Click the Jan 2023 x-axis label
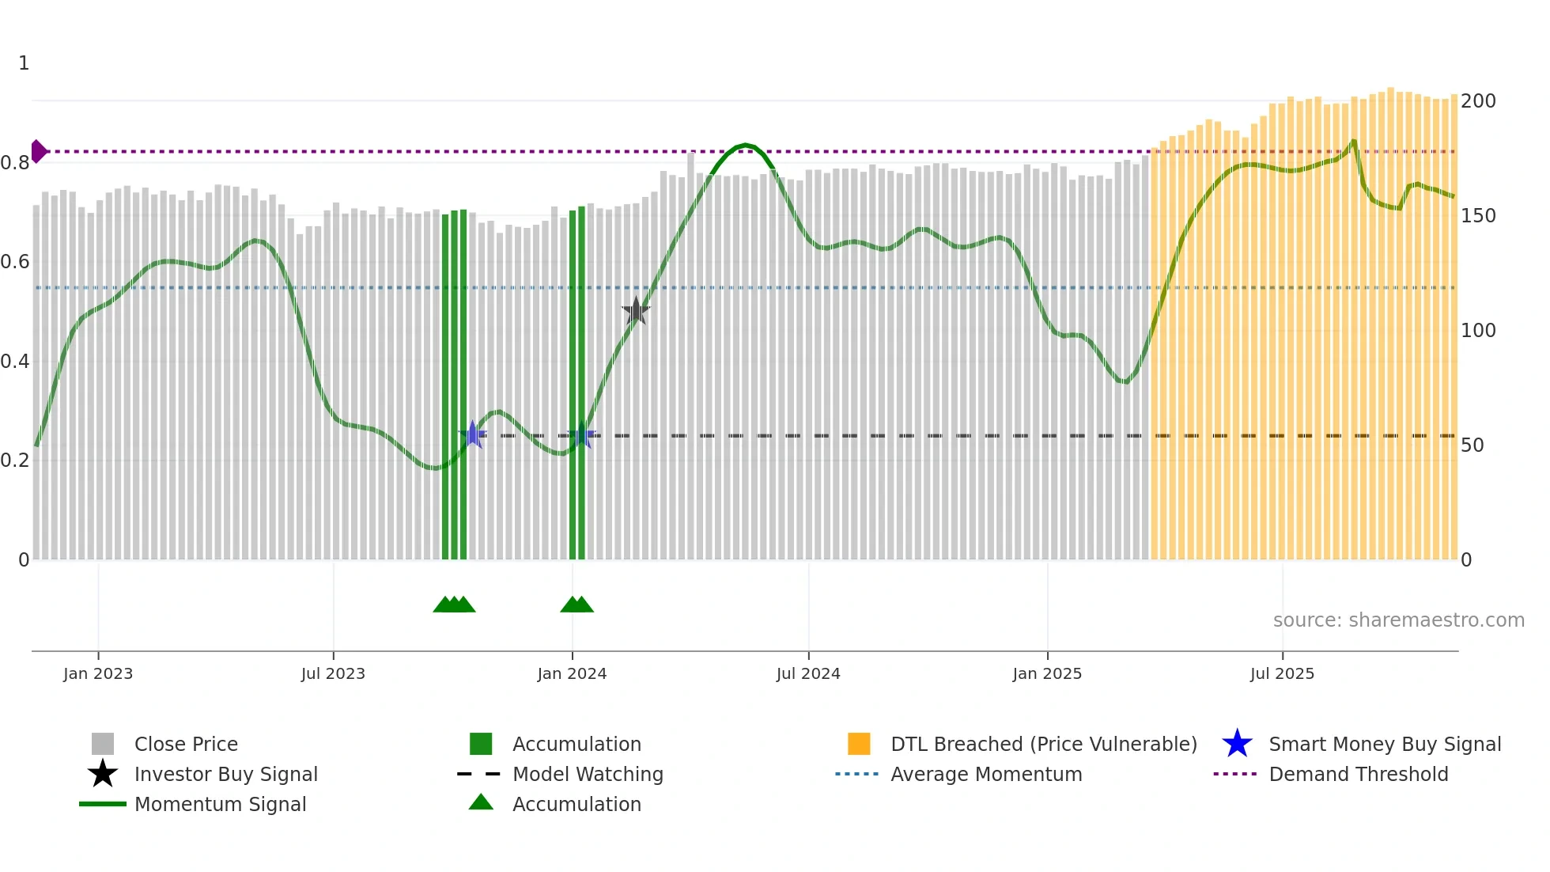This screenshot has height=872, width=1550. pyautogui.click(x=98, y=673)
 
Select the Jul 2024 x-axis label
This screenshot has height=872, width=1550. pyautogui.click(x=808, y=673)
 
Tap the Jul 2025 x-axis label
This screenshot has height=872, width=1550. pyautogui.click(x=1282, y=673)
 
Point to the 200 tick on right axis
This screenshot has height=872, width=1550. pyautogui.click(x=1478, y=101)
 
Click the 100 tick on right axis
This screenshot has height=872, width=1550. pyautogui.click(x=1478, y=331)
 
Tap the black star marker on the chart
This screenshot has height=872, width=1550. pyautogui.click(x=636, y=312)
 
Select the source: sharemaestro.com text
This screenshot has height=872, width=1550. pyautogui.click(x=1398, y=620)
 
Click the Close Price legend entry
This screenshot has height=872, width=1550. pyautogui.click(x=186, y=744)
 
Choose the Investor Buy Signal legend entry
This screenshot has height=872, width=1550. pyautogui.click(x=225, y=774)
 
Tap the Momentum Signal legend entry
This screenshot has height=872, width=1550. pyautogui.click(x=220, y=804)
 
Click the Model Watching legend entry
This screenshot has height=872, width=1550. pyautogui.click(x=588, y=774)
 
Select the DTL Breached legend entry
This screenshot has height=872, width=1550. pyautogui.click(x=1043, y=744)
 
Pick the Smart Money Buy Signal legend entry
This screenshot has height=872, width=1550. pyautogui.click(x=1385, y=744)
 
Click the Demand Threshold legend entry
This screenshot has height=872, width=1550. pyautogui.click(x=1358, y=774)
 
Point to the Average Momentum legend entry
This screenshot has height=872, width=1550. pyautogui.click(x=986, y=774)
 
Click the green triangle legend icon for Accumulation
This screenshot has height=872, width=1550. pyautogui.click(x=481, y=803)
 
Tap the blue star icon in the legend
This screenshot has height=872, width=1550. pyautogui.click(x=1237, y=744)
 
